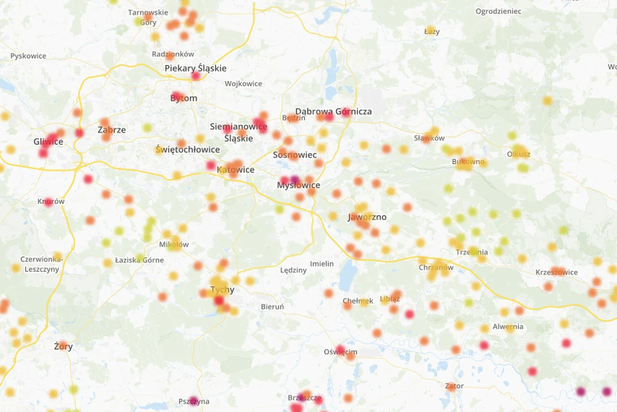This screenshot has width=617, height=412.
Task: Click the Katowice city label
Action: pyautogui.click(x=236, y=169)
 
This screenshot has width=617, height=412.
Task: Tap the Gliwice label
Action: pyautogui.click(x=48, y=142)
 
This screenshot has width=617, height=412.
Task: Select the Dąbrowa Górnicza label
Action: pyautogui.click(x=333, y=111)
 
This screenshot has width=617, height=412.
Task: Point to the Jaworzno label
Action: pyautogui.click(x=367, y=217)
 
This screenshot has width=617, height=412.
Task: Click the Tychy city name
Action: pyautogui.click(x=222, y=289)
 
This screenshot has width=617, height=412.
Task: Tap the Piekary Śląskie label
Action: pyautogui.click(x=195, y=68)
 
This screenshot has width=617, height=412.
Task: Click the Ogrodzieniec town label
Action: pyautogui.click(x=498, y=11)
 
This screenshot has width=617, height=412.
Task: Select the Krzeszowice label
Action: pyautogui.click(x=556, y=272)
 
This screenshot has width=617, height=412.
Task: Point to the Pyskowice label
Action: pyautogui.click(x=28, y=56)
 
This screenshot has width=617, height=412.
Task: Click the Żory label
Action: pyautogui.click(x=63, y=346)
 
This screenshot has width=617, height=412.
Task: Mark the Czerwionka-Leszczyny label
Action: pyautogui.click(x=41, y=263)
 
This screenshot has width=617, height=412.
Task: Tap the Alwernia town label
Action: pyautogui.click(x=508, y=326)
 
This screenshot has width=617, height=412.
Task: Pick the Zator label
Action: pyautogui.click(x=455, y=386)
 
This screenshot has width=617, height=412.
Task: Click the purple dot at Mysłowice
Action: pyautogui.click(x=295, y=180)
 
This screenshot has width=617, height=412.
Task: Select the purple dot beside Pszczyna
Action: pyautogui.click(x=193, y=401)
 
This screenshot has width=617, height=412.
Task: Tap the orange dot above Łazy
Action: pyautogui.click(x=430, y=30)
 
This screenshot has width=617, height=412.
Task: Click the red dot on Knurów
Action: pyautogui.click(x=48, y=202)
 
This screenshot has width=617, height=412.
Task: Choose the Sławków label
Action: pyautogui.click(x=429, y=138)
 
